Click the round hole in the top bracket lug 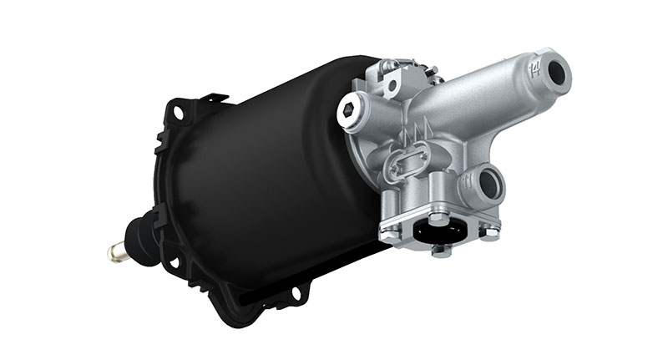(390, 84)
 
